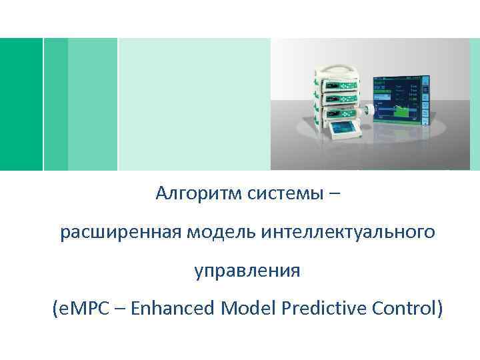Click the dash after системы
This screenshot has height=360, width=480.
[x=333, y=194]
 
